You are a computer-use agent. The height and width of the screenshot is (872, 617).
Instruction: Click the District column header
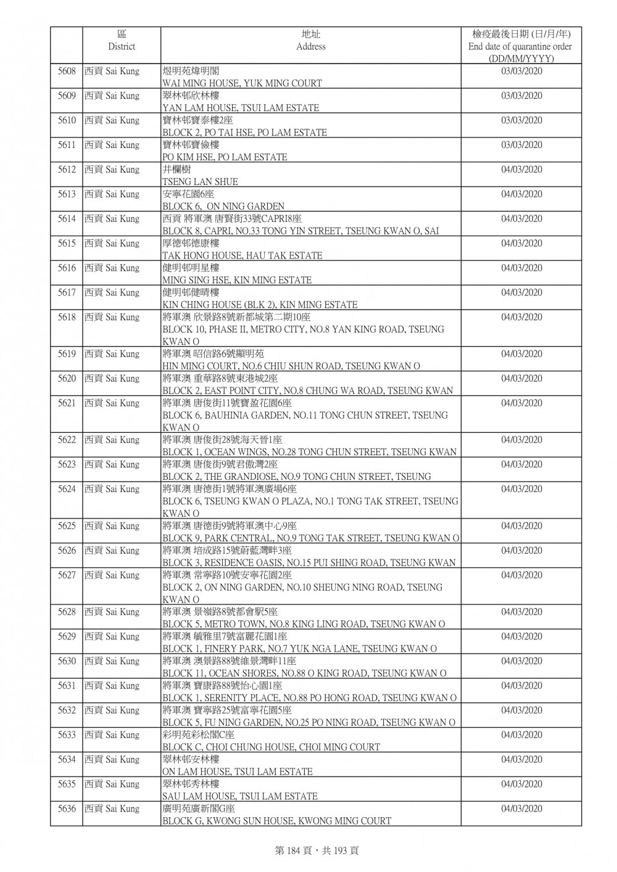(x=122, y=41)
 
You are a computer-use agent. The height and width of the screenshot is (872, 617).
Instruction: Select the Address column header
(x=310, y=41)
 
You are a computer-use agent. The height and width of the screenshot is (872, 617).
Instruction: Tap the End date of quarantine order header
(x=520, y=46)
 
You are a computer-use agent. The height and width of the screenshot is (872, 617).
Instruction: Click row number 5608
(x=67, y=72)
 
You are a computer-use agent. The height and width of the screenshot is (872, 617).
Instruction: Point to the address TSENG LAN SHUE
(x=200, y=182)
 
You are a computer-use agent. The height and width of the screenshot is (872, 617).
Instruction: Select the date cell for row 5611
(x=521, y=146)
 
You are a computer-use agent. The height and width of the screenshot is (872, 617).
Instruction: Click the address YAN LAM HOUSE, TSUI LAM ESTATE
(x=241, y=108)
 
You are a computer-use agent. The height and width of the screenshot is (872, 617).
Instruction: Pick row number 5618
(x=67, y=318)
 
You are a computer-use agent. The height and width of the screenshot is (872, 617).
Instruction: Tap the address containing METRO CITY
(x=303, y=329)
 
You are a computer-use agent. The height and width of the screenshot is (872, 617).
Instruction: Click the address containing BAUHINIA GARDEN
(x=305, y=416)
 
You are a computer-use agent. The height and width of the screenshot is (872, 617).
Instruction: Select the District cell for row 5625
(x=112, y=526)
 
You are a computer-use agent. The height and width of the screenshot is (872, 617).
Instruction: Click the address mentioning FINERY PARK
(x=299, y=649)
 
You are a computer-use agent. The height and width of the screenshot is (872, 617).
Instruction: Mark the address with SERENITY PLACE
(x=309, y=698)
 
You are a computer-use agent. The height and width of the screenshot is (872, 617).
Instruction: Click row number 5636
(x=67, y=809)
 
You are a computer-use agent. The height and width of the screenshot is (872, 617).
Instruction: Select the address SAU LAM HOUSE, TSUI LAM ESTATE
(x=240, y=796)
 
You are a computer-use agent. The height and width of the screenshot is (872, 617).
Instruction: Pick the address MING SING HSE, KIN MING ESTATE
(x=237, y=280)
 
